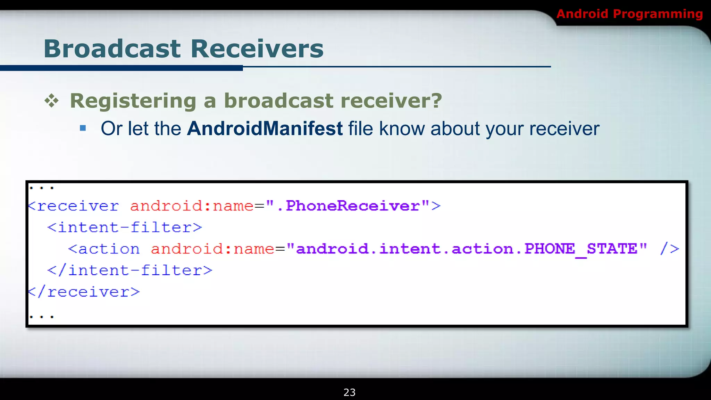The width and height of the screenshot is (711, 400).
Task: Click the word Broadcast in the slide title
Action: [x=112, y=49]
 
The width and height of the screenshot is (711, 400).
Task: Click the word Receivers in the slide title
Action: [x=257, y=49]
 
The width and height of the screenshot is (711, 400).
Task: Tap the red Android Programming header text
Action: [x=629, y=14]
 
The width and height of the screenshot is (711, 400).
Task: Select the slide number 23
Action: [x=349, y=392]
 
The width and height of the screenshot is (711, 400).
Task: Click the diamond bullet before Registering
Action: [x=52, y=101]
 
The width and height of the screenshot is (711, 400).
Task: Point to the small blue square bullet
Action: [x=83, y=128]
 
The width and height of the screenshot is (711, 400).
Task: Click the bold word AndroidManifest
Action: [x=265, y=128]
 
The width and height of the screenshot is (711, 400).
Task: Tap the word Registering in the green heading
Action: [x=133, y=101]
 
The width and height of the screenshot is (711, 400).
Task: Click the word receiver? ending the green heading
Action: [x=391, y=101]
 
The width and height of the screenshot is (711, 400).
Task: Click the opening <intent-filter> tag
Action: [x=125, y=227]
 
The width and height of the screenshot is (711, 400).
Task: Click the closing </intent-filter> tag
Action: [x=130, y=270]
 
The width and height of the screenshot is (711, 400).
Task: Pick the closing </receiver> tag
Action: [x=84, y=292]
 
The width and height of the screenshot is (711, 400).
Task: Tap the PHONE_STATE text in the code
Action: [x=581, y=249]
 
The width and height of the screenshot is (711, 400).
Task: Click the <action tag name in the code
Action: [x=104, y=249]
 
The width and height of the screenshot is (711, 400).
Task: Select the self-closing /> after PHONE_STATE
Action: [x=670, y=249]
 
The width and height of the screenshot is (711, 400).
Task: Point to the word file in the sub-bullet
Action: [x=361, y=128]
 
